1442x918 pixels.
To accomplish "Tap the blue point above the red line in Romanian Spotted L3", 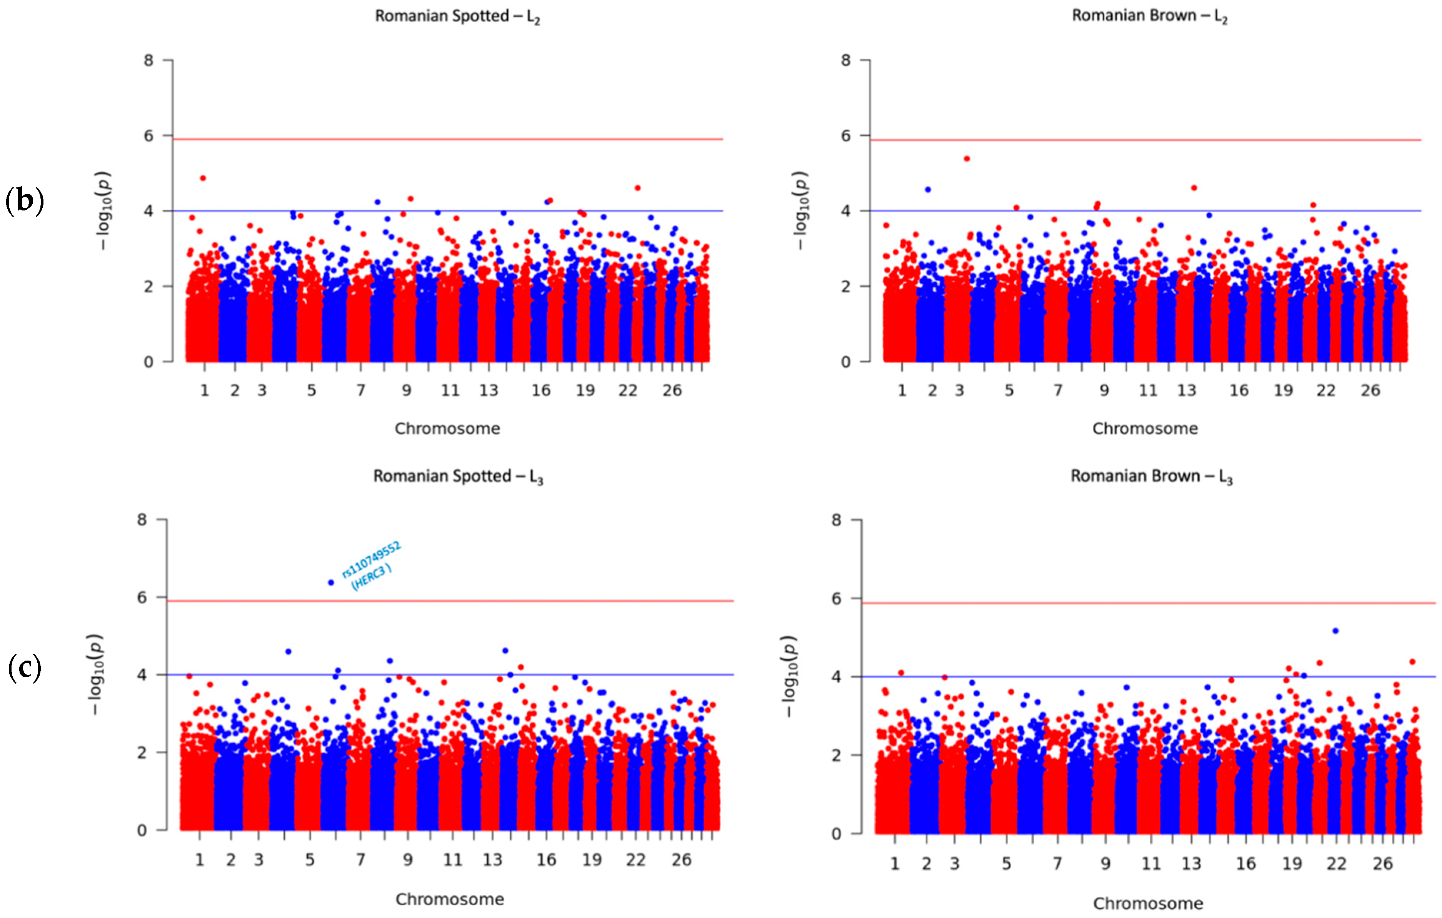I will tap(330, 583).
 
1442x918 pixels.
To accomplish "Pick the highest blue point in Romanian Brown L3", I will tap(1335, 631).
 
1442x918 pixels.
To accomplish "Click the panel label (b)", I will tap(25, 201).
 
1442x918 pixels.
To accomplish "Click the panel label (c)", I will tap(25, 668).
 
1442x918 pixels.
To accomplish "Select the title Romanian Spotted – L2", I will tap(457, 16).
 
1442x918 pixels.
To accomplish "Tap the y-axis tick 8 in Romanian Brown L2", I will tap(845, 60).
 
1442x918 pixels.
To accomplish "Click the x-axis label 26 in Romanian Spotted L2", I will tap(672, 391).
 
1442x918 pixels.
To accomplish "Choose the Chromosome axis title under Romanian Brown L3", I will tap(1147, 903).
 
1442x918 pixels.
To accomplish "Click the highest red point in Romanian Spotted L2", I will tap(203, 178).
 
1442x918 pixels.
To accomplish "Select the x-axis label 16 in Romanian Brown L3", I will tap(1245, 863).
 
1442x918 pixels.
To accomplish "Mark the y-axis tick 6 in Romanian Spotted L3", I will tap(142, 597).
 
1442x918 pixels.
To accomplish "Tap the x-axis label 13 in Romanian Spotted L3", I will tap(492, 860).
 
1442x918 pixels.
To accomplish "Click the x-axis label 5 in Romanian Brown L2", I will tap(1009, 391).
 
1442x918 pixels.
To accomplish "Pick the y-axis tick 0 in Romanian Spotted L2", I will tap(148, 362).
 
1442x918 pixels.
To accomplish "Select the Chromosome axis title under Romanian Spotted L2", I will tap(447, 429).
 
